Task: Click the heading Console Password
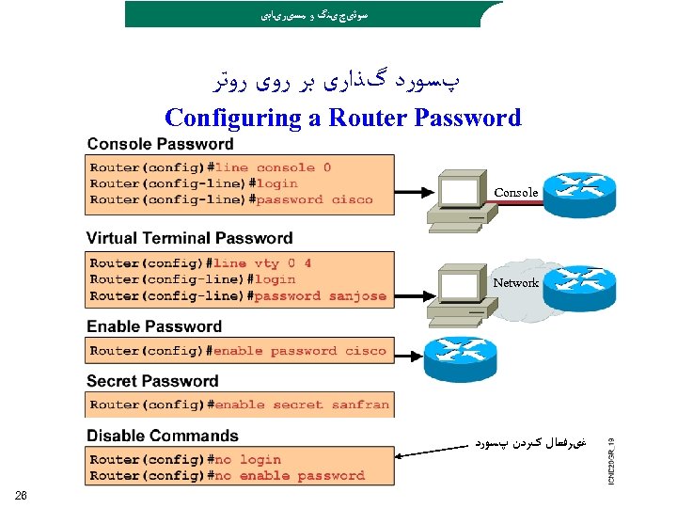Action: tap(160, 144)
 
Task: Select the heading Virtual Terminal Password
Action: tap(189, 238)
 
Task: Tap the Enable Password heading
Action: tap(154, 326)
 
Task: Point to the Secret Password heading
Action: tap(152, 381)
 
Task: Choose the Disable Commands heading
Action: tap(163, 436)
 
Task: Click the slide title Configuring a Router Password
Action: tap(342, 118)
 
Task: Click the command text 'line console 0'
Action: tap(274, 167)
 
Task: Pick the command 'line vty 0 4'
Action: tap(262, 263)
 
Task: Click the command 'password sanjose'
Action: tap(320, 295)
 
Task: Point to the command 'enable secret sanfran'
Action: tap(302, 405)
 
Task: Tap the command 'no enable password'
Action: tap(289, 476)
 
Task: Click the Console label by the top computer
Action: tap(516, 193)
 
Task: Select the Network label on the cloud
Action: tap(516, 282)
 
